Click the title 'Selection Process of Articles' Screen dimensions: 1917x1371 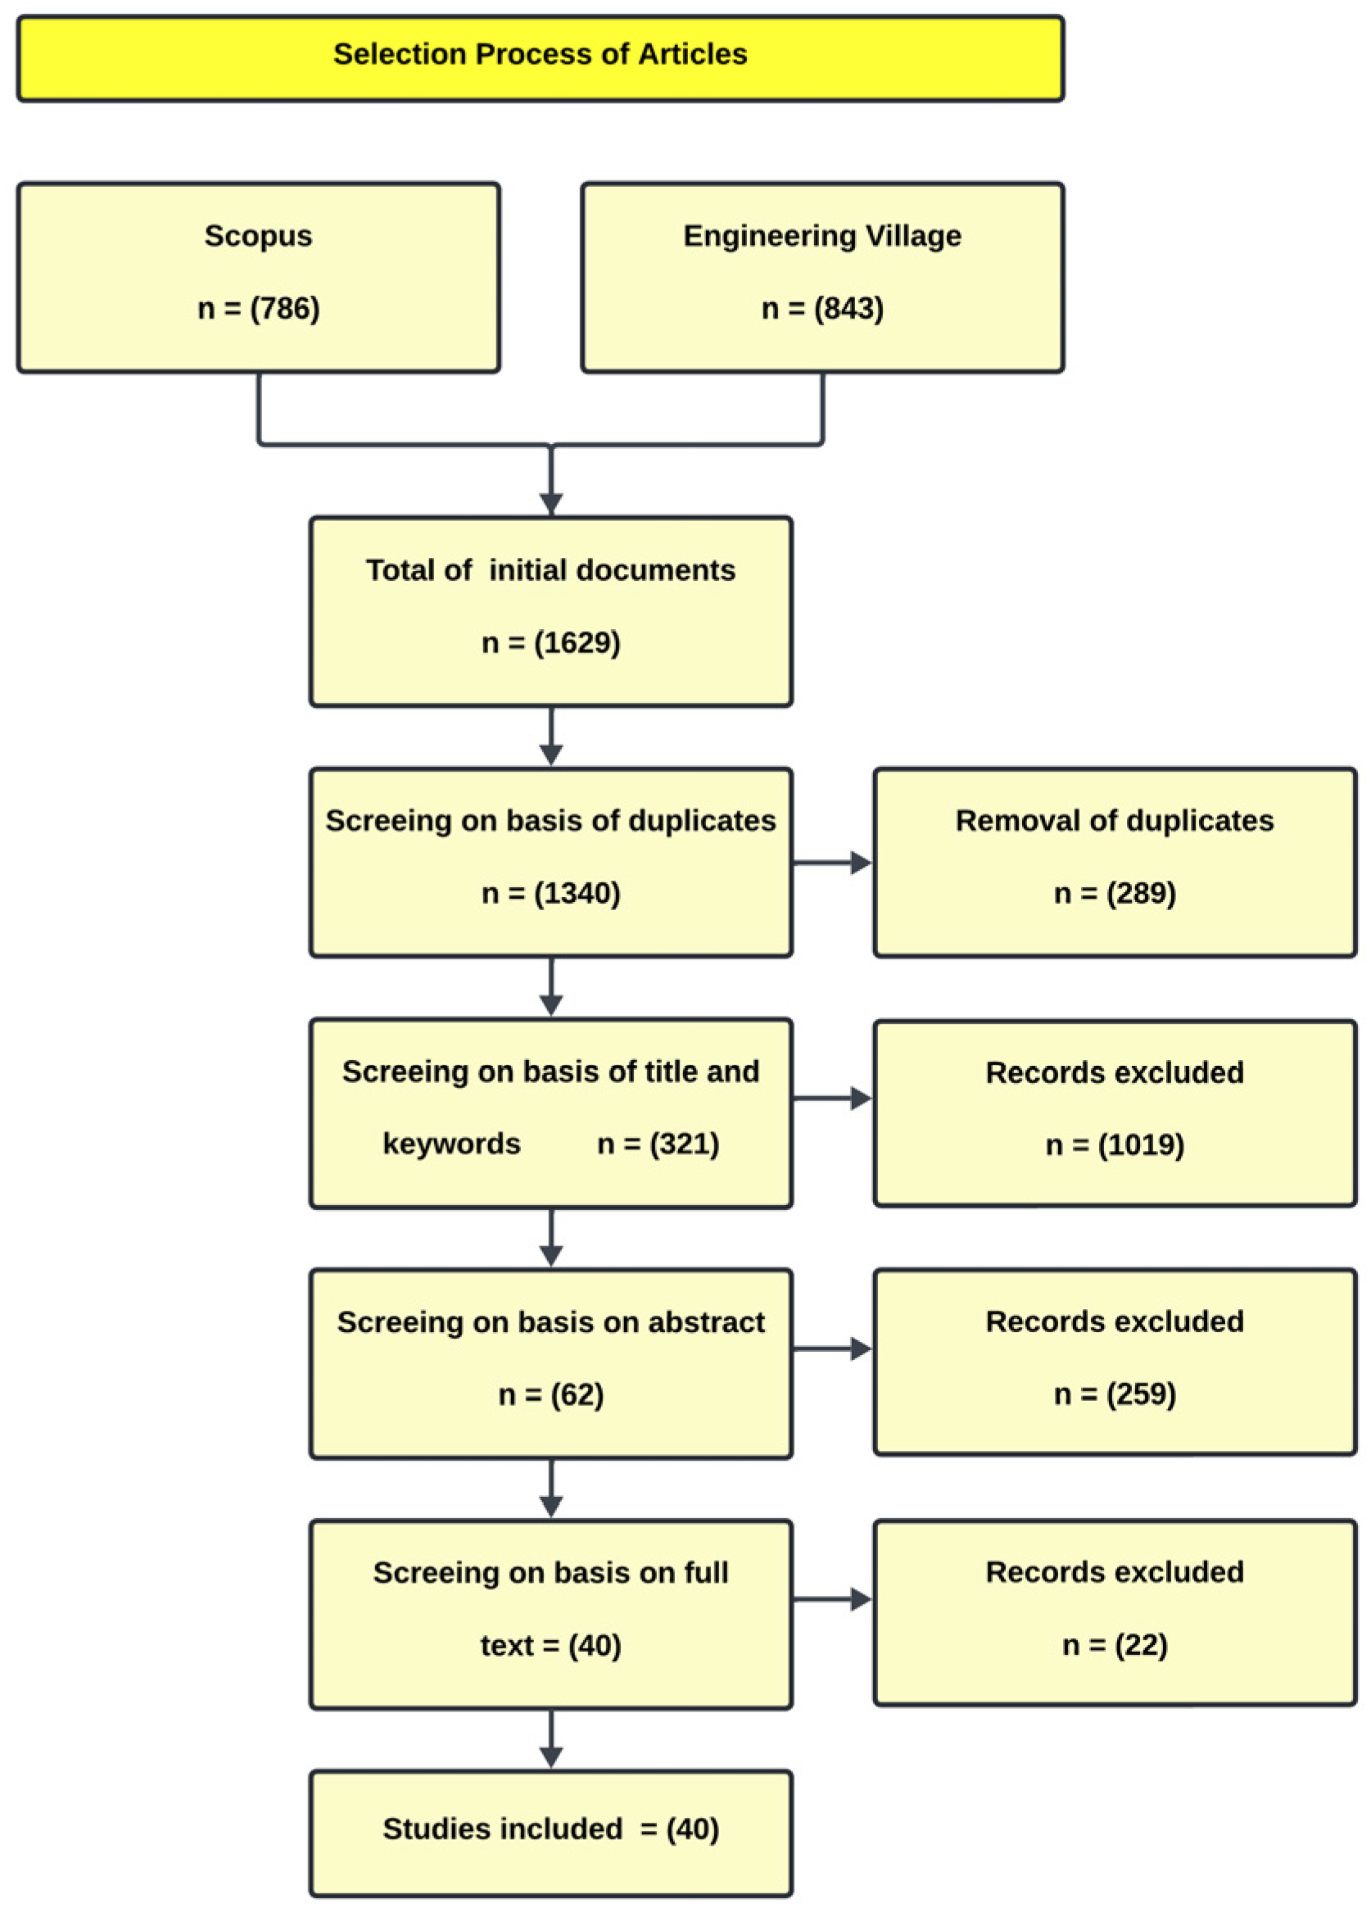click(541, 54)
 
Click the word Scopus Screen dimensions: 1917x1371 click(258, 236)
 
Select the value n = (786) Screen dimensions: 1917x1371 click(258, 308)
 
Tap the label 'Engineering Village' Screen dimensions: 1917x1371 click(821, 236)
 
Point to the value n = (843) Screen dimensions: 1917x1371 click(821, 308)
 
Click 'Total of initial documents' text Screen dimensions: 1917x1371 click(550, 570)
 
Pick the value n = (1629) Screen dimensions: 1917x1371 click(550, 642)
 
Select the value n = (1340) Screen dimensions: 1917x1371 click(550, 893)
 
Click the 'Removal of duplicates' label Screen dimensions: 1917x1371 click(1115, 820)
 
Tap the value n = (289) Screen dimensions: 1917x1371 click(1115, 893)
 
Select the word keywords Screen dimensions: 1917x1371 click(451, 1144)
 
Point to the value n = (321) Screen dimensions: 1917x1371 click(658, 1144)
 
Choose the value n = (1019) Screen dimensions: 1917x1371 click(1115, 1144)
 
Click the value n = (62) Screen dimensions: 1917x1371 click(550, 1394)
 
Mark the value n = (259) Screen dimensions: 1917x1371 click(1115, 1394)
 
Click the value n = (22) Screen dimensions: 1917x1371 click(1115, 1644)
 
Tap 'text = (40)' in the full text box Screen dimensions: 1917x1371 click(550, 1645)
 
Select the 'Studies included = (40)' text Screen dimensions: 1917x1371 click(550, 1829)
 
